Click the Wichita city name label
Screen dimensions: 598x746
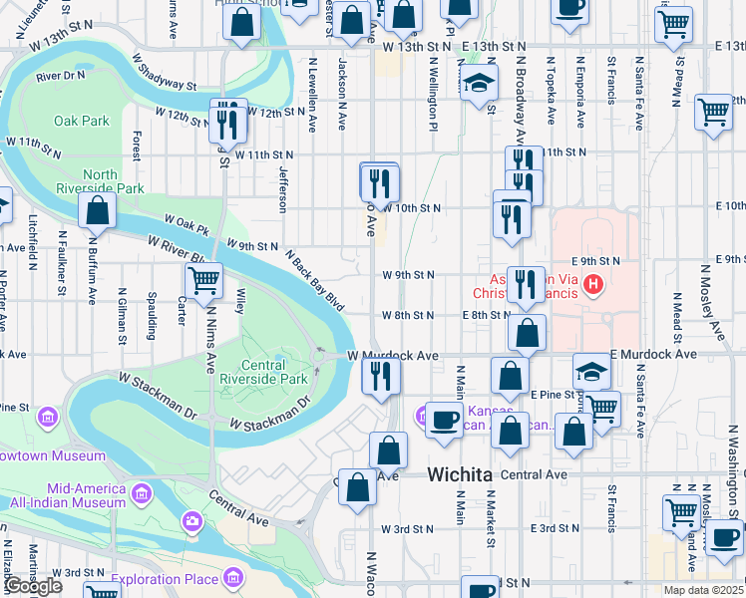click(x=460, y=475)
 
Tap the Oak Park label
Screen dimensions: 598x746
click(x=82, y=121)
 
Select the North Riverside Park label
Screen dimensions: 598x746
click(x=114, y=181)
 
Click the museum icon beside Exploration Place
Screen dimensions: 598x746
click(x=233, y=577)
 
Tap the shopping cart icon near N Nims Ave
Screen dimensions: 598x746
click(x=203, y=282)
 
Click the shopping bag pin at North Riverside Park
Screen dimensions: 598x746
click(x=98, y=210)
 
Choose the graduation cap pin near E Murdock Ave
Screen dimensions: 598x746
click(x=591, y=373)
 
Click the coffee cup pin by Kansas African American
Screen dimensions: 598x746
click(x=442, y=419)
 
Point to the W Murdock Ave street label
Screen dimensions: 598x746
click(x=393, y=355)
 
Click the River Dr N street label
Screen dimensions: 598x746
click(x=61, y=76)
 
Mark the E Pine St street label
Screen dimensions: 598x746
click(x=555, y=395)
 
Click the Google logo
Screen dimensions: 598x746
click(x=33, y=586)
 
